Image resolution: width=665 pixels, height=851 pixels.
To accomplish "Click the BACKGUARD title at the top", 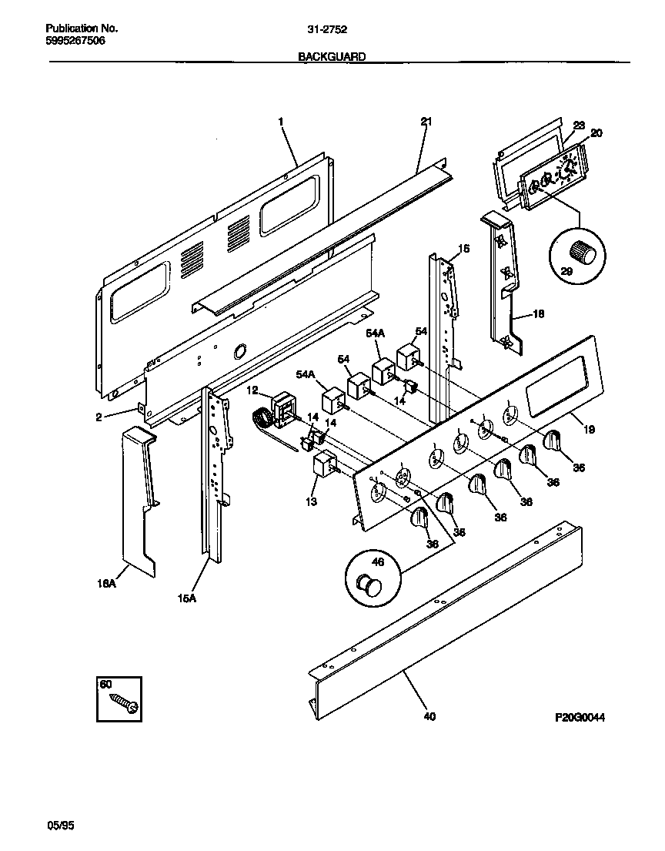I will [x=332, y=56].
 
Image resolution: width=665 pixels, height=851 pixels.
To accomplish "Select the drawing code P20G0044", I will [x=580, y=717].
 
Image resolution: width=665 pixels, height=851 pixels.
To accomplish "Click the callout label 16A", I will [x=107, y=584].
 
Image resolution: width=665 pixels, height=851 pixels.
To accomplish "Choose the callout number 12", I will [x=252, y=390].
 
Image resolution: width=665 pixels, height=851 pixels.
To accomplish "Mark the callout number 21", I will [x=426, y=122].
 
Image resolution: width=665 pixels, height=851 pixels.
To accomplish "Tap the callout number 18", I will [x=538, y=314].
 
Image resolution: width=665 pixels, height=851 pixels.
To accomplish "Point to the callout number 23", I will [x=579, y=125].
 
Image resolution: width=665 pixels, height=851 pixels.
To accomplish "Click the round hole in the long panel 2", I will [x=239, y=351].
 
